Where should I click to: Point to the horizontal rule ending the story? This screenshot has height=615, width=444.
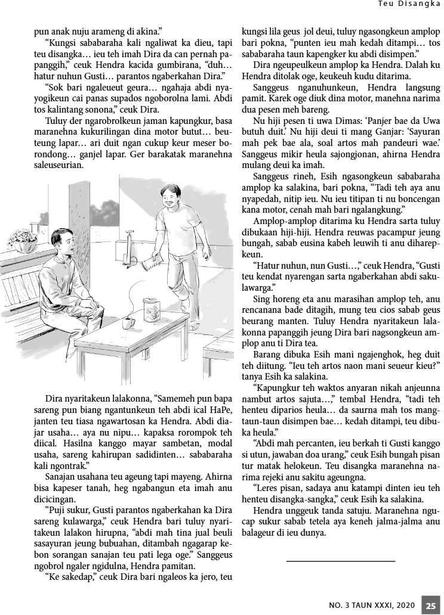coord(341,561)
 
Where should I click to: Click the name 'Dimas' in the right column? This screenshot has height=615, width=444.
coord(328,120)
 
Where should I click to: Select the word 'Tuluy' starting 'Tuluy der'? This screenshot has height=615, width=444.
coord(56,121)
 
